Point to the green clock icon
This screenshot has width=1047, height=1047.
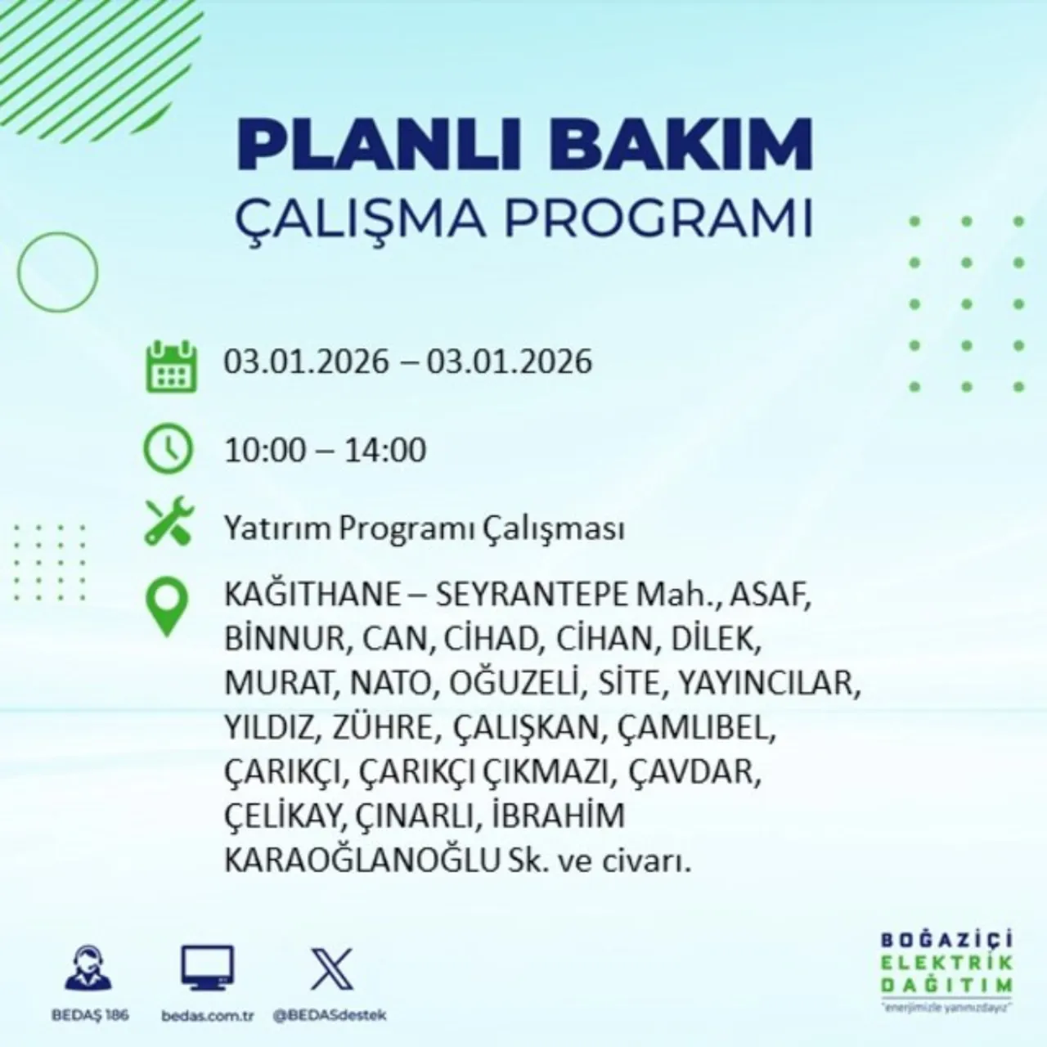169,450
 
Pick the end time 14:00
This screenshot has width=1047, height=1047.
384,450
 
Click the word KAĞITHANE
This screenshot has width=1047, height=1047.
312,595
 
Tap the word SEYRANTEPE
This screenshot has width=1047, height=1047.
530,595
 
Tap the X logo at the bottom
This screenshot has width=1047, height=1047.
332,969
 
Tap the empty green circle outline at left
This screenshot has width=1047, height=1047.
57,271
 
